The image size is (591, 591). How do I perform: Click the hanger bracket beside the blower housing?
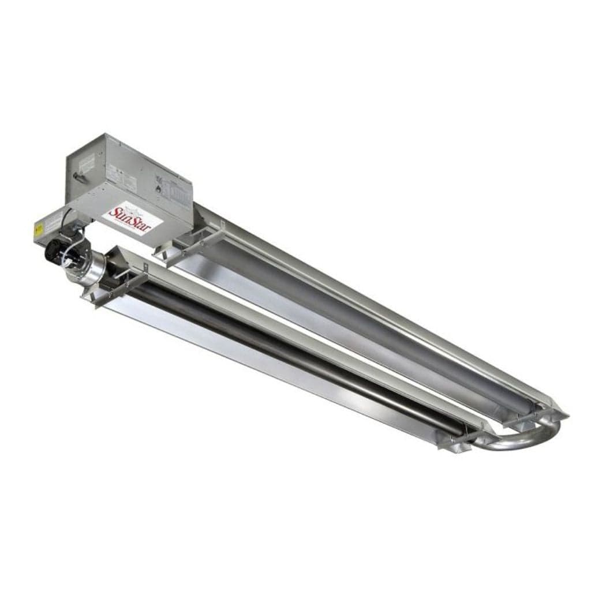pos(115,283)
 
